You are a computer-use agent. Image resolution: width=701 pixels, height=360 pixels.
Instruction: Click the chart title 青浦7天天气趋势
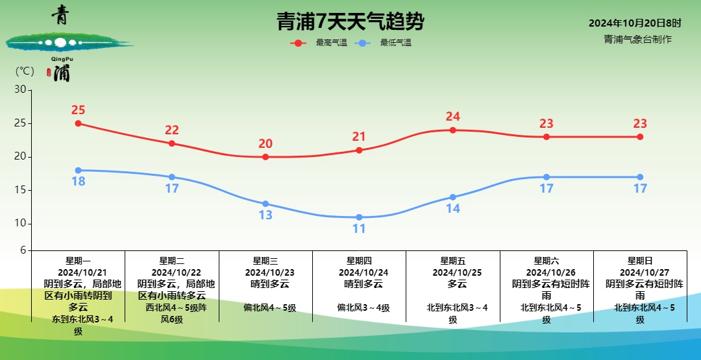350,22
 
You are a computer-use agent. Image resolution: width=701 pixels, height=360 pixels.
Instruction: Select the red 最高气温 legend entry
319,43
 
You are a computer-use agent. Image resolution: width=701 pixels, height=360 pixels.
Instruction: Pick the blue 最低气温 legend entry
384,43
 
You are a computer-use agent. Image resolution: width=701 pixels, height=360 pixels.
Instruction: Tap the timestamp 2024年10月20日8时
635,23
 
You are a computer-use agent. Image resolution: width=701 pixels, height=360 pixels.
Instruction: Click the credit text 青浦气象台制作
637,39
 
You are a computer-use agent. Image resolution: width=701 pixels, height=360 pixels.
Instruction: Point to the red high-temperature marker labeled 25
79,123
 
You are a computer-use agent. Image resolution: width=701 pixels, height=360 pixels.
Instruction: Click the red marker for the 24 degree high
453,130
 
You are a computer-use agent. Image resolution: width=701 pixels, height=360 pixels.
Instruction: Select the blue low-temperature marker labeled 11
359,217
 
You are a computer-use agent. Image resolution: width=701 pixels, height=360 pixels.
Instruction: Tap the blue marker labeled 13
265,204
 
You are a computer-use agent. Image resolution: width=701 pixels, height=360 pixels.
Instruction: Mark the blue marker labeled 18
79,170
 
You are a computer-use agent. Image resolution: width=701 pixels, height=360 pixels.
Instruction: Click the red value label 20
265,144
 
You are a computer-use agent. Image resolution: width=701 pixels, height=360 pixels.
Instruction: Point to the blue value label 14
453,209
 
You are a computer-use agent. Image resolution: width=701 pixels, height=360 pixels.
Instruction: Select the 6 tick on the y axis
23,250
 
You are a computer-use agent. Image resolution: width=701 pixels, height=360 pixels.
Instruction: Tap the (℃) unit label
25,71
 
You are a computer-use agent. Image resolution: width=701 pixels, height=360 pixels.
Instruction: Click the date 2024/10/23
265,272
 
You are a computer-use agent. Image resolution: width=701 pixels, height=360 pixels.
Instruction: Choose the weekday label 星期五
453,261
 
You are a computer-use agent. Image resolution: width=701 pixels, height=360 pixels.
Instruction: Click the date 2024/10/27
640,272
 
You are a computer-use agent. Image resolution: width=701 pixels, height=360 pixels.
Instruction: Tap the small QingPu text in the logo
62,58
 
